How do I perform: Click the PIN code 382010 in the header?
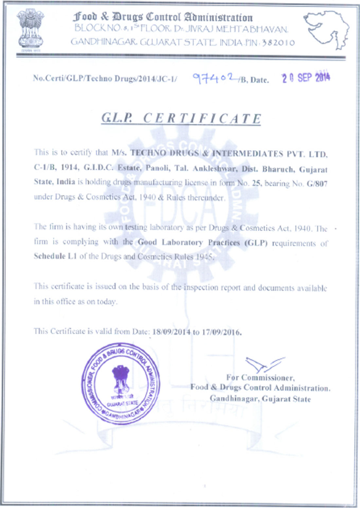click(278, 43)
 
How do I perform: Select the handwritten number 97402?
click(214, 78)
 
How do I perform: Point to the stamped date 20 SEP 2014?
click(306, 78)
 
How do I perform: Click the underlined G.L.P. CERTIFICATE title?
click(181, 118)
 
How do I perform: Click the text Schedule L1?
click(55, 256)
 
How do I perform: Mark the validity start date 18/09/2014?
click(171, 332)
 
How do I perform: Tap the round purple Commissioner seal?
click(121, 384)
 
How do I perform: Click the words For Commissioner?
click(260, 377)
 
